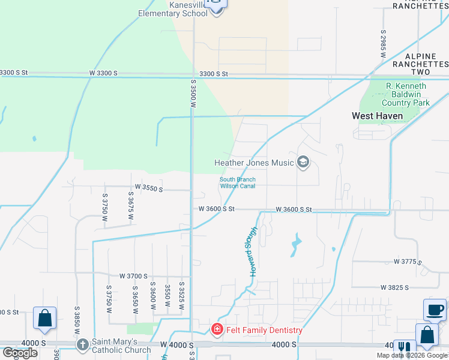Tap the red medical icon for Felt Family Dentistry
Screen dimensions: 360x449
[217, 329]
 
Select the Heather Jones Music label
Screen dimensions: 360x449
[255, 163]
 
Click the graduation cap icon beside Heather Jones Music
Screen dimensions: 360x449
[303, 162]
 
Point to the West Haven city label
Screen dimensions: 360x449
[376, 116]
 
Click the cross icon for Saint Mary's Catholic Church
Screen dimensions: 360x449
[83, 344]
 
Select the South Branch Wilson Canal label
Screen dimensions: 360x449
[238, 182]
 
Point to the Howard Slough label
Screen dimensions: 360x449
[254, 252]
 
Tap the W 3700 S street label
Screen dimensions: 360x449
[133, 276]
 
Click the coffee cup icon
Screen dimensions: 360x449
[435, 310]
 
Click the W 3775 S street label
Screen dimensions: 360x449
[408, 262]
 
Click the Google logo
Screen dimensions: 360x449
[20, 353]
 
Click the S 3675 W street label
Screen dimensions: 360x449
[130, 206]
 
